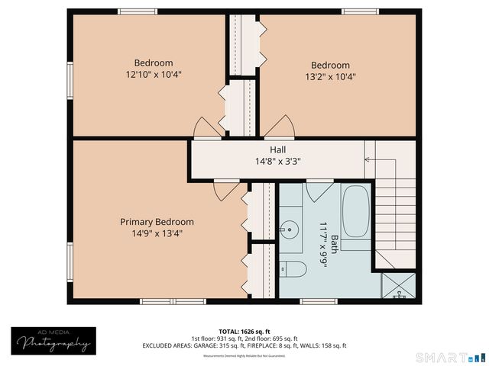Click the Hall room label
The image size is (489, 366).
(278, 149)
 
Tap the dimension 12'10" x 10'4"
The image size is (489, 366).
(154, 74)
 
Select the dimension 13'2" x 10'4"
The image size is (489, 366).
(330, 76)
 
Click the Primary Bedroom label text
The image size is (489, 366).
(157, 222)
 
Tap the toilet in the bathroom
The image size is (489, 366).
(294, 268)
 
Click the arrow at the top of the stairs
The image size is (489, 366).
(368, 160)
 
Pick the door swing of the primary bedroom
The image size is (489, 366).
(221, 190)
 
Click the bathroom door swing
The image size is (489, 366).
(314, 191)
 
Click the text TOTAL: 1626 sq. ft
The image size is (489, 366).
(244, 332)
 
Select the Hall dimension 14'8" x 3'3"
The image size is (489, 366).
(278, 162)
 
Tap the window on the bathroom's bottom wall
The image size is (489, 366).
(319, 301)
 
